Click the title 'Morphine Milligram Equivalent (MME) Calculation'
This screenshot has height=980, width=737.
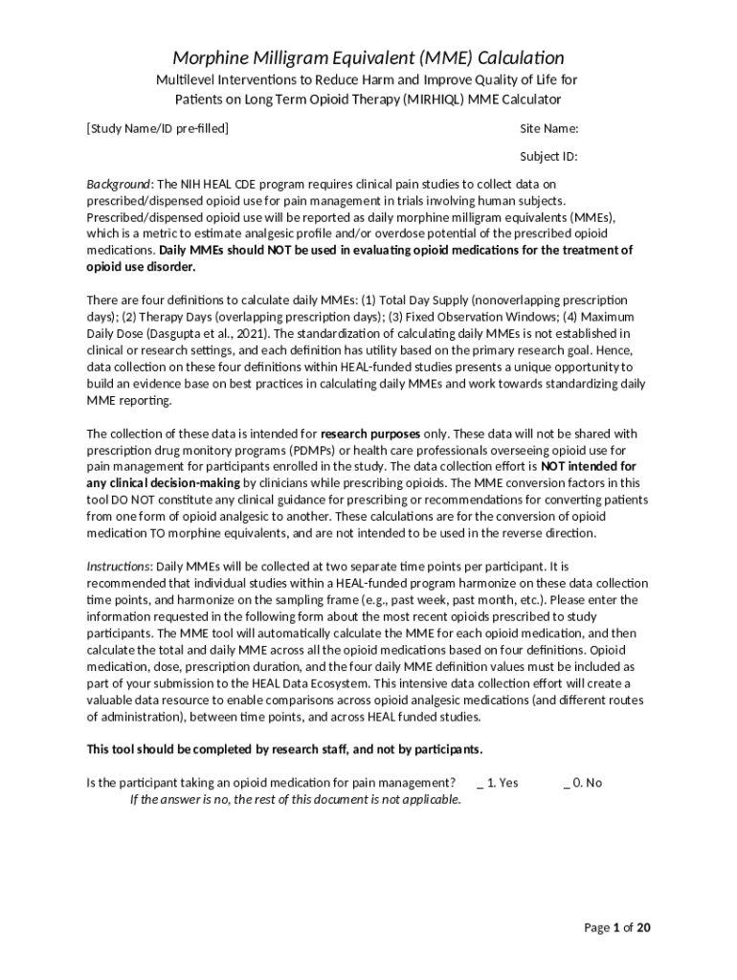click(x=368, y=57)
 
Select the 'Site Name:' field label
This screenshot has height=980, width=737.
click(x=548, y=128)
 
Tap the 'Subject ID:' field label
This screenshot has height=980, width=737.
click(x=548, y=156)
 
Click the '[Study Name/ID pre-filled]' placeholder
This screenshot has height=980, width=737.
click(x=158, y=128)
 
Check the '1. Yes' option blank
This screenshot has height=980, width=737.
click(x=480, y=783)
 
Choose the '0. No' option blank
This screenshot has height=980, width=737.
click(x=567, y=783)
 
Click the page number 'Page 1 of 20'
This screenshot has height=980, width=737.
click(x=618, y=927)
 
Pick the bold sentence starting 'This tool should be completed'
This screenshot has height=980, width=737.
click(x=284, y=748)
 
